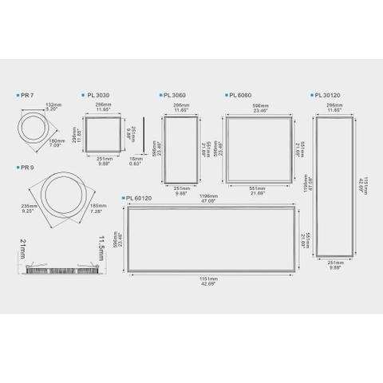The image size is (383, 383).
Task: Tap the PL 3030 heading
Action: coord(97,94)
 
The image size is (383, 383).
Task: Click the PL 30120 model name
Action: coord(326,94)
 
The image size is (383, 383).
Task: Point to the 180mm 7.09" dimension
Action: coord(59,144)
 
